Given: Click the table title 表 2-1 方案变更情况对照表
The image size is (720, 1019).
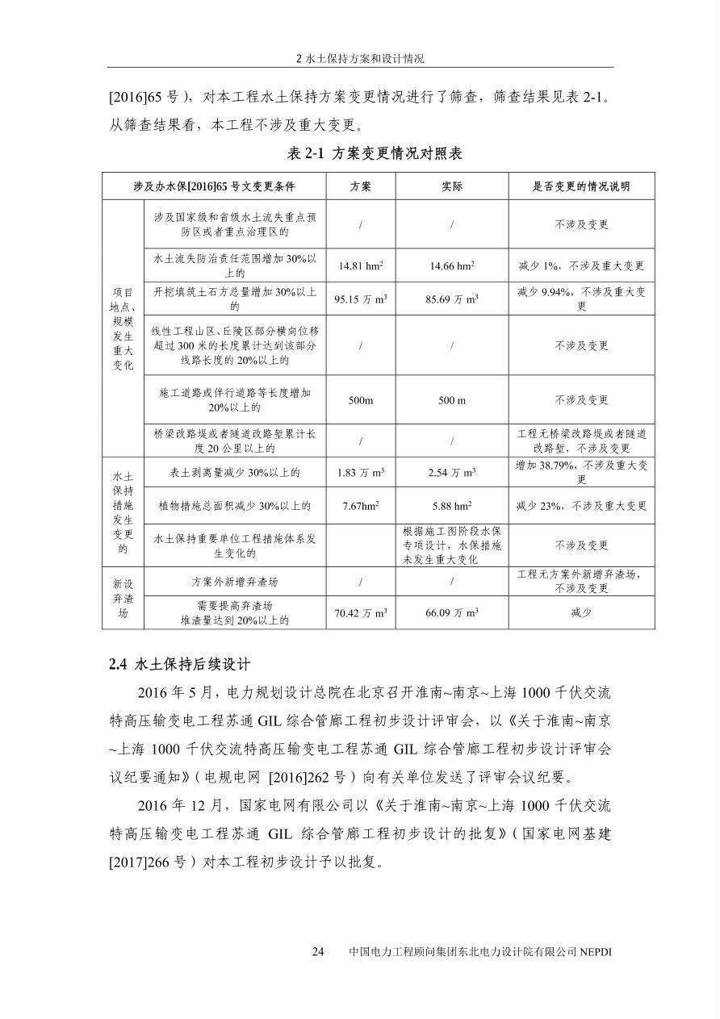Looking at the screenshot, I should click(x=375, y=153).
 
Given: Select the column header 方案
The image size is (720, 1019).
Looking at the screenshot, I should click(x=360, y=186).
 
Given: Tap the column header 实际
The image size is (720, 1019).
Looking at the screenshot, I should click(x=452, y=186).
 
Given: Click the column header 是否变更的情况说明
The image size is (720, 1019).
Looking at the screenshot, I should click(x=581, y=186).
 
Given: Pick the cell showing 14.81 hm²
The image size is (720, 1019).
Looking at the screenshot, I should click(x=360, y=265).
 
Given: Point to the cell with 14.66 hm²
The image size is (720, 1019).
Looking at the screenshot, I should click(x=452, y=265).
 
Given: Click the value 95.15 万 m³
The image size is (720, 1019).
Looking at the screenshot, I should click(x=360, y=299).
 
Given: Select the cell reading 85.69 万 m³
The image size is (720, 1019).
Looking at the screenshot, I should click(x=452, y=299).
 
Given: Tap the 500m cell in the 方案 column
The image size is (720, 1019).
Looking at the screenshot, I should click(x=360, y=400).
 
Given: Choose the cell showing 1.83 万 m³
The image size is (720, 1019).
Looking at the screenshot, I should click(x=360, y=473).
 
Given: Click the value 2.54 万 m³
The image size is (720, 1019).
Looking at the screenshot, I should click(x=452, y=473).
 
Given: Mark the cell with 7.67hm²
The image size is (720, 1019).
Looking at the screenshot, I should click(x=360, y=506).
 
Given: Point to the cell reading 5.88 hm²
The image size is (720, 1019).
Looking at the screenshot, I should click(x=452, y=506).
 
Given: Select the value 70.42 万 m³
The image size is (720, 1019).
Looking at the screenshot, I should click(x=360, y=613).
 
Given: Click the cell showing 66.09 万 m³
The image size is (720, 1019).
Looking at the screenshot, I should click(x=452, y=613).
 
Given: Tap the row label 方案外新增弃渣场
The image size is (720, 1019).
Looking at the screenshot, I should click(x=235, y=581).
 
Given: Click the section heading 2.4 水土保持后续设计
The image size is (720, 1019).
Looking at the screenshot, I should click(x=179, y=664).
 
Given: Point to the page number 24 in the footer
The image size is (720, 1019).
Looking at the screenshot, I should click(x=318, y=952).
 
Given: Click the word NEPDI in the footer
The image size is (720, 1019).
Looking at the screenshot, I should click(x=596, y=952).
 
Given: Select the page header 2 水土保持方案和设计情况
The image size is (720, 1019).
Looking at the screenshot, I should click(x=360, y=59).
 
